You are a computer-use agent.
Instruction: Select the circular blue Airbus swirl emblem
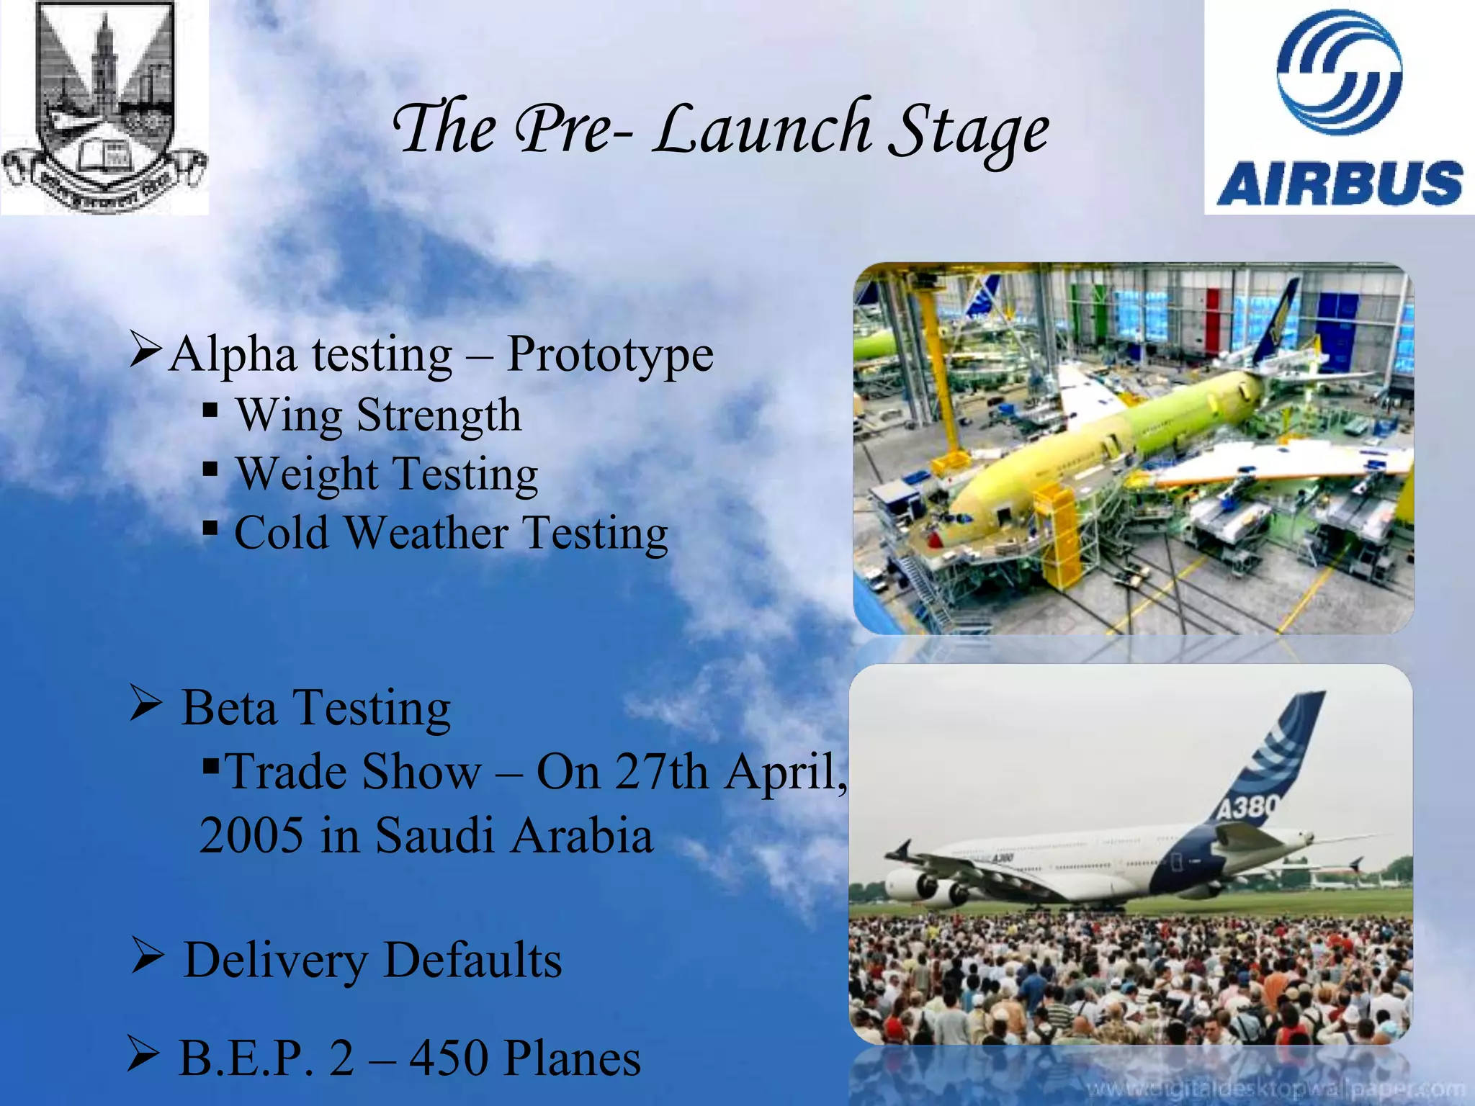click(1339, 72)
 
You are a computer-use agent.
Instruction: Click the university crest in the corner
click(104, 107)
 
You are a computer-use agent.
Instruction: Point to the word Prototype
click(609, 354)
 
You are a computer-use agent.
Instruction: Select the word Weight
click(307, 475)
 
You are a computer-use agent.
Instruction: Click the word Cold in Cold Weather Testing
click(281, 534)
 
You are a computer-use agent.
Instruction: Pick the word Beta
click(229, 708)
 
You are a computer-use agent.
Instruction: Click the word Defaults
click(472, 961)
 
